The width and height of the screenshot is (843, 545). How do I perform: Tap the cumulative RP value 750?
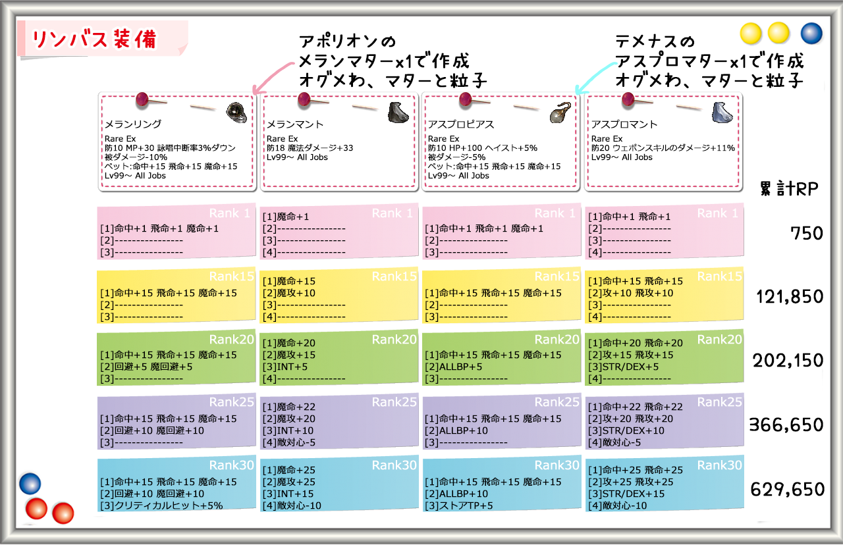[x=807, y=233]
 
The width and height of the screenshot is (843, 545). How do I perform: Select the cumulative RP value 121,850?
[x=790, y=296]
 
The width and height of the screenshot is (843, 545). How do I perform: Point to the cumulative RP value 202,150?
[x=788, y=360]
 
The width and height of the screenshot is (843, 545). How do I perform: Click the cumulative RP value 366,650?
[x=786, y=425]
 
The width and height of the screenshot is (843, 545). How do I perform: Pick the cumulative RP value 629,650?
[x=787, y=489]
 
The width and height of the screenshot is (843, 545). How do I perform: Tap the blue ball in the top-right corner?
[x=811, y=33]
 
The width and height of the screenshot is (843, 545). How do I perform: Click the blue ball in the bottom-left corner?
[x=30, y=484]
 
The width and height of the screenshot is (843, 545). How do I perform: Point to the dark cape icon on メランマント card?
[x=398, y=112]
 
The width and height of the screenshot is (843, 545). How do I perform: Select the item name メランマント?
[x=295, y=124]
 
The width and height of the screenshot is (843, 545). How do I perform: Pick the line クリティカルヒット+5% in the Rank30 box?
[x=169, y=506]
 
